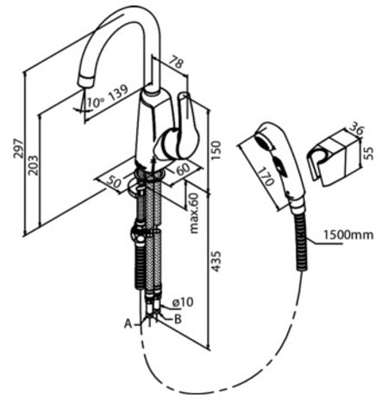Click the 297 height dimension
click(17, 149)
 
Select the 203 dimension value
click(34, 165)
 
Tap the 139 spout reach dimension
click(118, 92)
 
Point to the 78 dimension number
click(176, 62)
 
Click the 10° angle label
click(95, 102)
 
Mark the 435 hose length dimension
click(216, 261)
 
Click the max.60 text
click(194, 213)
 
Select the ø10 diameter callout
click(183, 302)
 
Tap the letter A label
click(128, 324)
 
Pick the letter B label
click(178, 319)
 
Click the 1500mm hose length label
click(348, 235)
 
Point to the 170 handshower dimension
click(265, 177)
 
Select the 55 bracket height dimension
click(369, 153)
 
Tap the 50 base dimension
click(113, 182)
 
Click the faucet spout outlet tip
click(86, 83)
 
